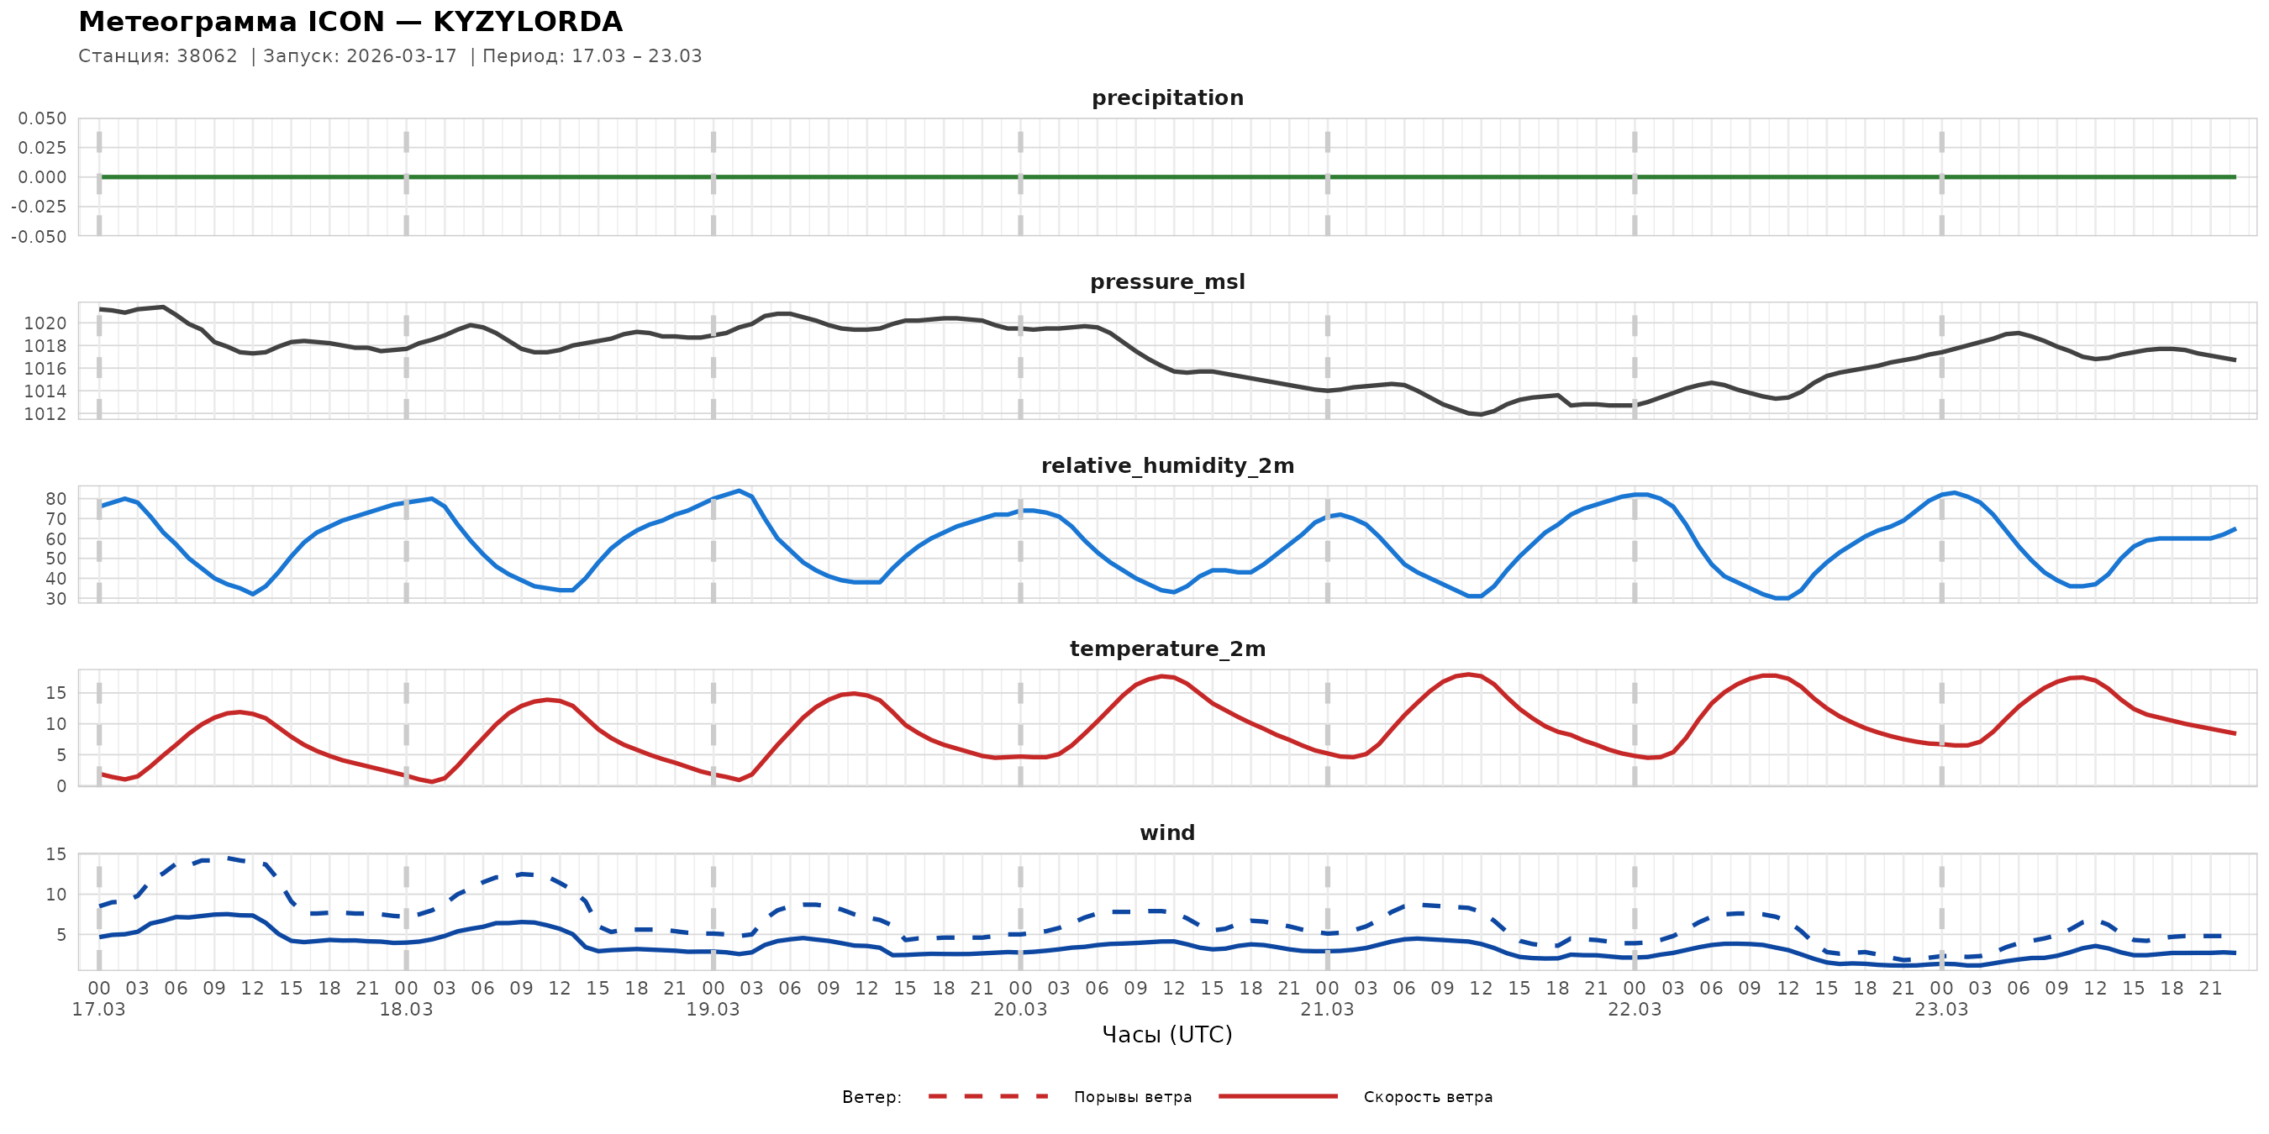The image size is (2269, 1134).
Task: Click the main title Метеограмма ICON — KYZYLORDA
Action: [x=350, y=22]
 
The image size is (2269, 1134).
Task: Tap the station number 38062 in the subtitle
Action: [x=207, y=56]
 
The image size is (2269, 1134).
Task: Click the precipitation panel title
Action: [x=1167, y=97]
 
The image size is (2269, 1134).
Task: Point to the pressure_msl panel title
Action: [x=1167, y=281]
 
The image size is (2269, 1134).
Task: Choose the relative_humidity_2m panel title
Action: [x=1167, y=465]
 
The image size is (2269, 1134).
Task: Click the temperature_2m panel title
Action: [x=1167, y=648]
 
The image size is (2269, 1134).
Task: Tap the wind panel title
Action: [x=1167, y=833]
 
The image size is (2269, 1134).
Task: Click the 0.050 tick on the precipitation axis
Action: [x=42, y=118]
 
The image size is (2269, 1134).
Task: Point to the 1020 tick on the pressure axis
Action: [x=45, y=323]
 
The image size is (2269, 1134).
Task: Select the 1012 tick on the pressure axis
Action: [x=45, y=414]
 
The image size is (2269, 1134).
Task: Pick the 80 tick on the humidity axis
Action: [x=55, y=498]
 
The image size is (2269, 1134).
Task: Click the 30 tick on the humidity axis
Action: [x=55, y=599]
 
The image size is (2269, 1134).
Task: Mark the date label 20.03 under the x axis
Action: [x=1020, y=1009]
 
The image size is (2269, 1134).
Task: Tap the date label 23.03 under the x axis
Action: [x=1941, y=1009]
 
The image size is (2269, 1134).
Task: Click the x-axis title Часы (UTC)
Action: [x=1167, y=1035]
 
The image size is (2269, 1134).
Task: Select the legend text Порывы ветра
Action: [x=1132, y=1097]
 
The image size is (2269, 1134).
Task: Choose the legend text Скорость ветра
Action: [x=1428, y=1097]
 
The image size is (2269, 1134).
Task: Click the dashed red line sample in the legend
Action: [x=988, y=1096]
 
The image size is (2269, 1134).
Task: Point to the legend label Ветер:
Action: [x=871, y=1097]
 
